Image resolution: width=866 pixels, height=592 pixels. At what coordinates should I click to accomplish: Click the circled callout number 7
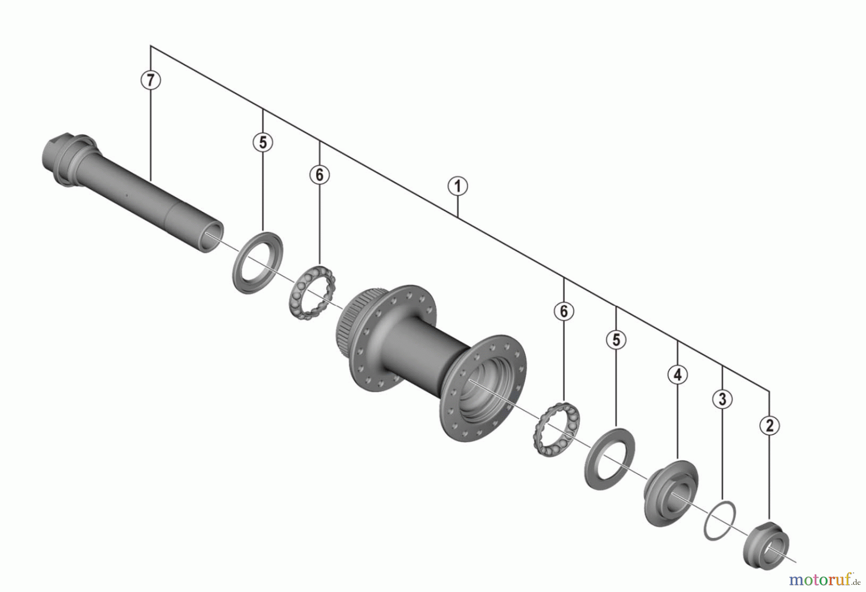(x=151, y=80)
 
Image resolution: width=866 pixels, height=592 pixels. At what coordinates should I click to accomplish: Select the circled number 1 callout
(x=458, y=186)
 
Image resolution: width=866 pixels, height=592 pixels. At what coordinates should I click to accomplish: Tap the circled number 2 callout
(x=769, y=425)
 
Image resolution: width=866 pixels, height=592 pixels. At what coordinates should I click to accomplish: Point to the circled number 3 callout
(x=722, y=399)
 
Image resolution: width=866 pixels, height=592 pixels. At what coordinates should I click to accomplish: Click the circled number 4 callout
(x=677, y=374)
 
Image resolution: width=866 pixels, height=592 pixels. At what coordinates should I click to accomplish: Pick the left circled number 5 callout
(x=263, y=142)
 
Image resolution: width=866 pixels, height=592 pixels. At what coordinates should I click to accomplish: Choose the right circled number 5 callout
(x=616, y=340)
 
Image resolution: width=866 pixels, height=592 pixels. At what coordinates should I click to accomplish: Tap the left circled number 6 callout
(x=319, y=175)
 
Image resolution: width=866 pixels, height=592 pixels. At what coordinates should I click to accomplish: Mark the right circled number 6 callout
(x=564, y=311)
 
